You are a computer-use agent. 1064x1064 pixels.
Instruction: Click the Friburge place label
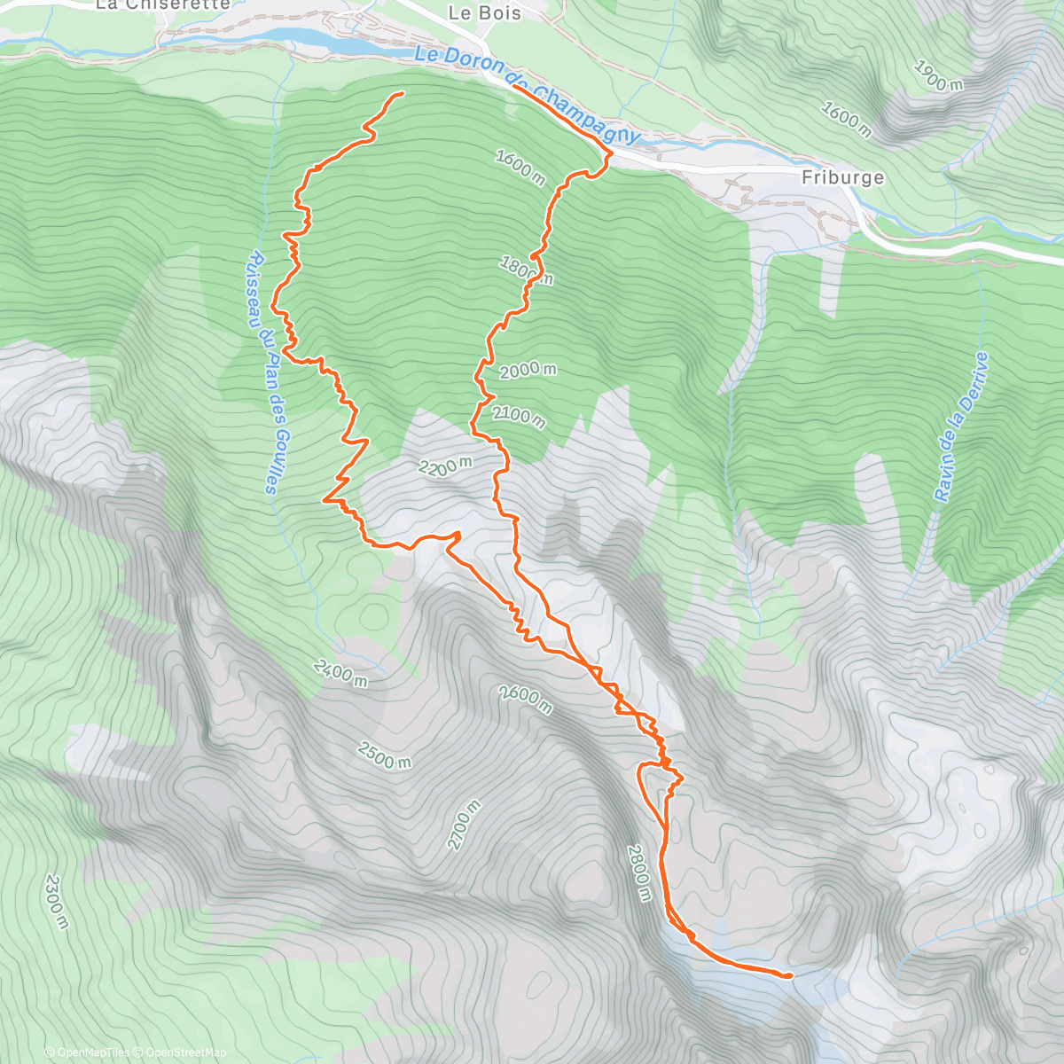(x=842, y=177)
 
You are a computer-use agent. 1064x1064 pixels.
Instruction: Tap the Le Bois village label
(x=485, y=12)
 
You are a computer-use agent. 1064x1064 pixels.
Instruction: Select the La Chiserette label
(x=162, y=4)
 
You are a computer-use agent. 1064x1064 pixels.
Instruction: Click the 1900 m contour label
(x=938, y=77)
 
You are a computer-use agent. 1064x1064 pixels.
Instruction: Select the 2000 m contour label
(x=528, y=371)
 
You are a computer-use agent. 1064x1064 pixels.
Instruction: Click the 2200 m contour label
(x=446, y=465)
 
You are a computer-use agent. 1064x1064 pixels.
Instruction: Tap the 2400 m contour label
(x=340, y=673)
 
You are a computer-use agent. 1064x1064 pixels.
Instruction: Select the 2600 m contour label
(x=526, y=700)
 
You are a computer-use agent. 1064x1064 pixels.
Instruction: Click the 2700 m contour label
(x=464, y=825)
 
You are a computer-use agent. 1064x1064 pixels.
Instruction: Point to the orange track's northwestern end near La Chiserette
(x=403, y=92)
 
